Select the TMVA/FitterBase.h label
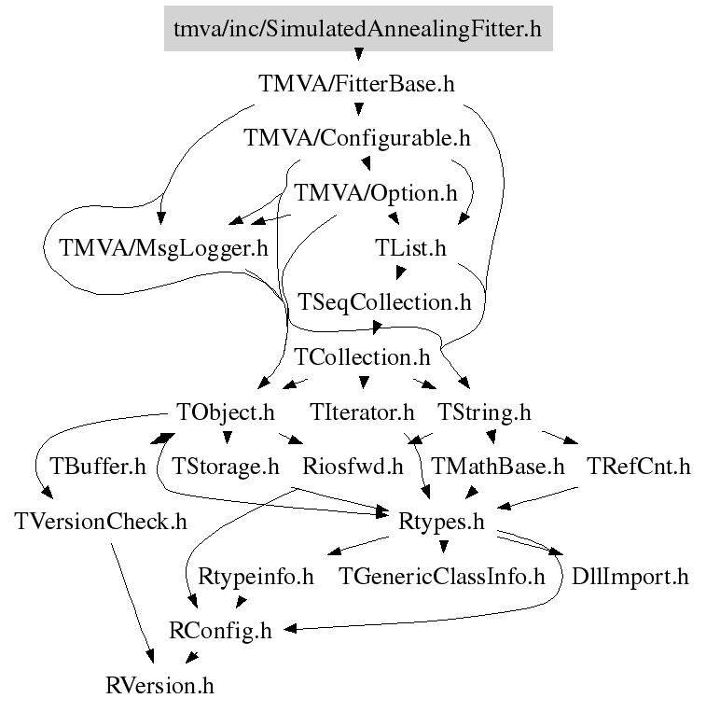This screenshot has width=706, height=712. point(356,84)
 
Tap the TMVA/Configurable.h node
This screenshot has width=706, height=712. point(356,139)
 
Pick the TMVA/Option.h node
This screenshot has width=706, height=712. point(376,194)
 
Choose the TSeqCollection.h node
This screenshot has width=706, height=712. point(384,302)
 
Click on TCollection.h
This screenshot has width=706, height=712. point(362,356)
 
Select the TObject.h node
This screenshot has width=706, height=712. point(226,412)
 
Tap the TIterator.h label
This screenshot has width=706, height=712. point(362,412)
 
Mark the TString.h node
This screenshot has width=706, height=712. point(483,412)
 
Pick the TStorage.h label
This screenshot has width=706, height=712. point(226,466)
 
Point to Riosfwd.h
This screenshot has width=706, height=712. point(353,466)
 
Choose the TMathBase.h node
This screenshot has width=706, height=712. point(497,466)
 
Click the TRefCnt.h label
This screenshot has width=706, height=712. point(638,466)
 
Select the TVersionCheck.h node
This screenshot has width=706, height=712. point(101,521)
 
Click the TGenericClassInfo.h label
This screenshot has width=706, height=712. point(440,576)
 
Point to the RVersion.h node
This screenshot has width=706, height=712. point(159,686)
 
